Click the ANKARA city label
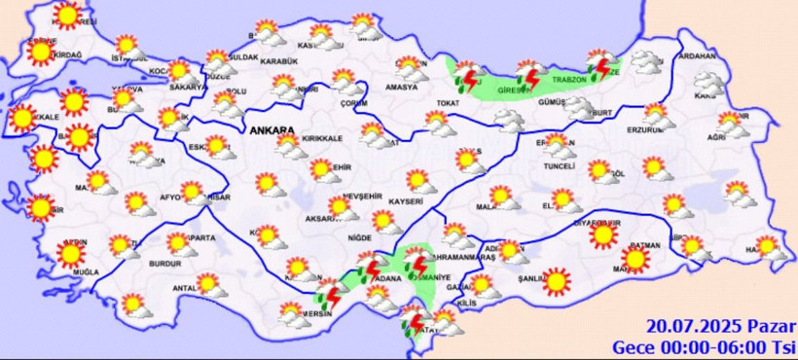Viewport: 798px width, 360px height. click(272, 129)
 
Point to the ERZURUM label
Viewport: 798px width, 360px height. click(645, 128)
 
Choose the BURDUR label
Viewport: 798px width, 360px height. click(165, 264)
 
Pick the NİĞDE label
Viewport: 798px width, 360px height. click(360, 237)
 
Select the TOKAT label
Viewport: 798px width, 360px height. click(448, 102)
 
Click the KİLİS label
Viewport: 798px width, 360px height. click(469, 305)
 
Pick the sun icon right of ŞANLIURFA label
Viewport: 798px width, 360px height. click(556, 281)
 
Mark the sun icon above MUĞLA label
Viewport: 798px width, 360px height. click(69, 254)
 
